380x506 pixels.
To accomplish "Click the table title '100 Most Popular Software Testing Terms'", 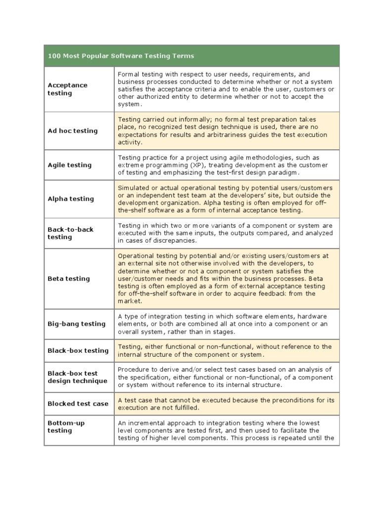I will click(121, 56).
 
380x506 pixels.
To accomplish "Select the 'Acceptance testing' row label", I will click(67, 89).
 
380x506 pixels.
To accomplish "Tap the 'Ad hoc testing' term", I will click(73, 131).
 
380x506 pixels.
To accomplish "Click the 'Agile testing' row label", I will click(70, 165).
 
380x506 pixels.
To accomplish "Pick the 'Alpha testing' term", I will click(71, 199).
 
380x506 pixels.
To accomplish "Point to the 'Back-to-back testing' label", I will click(70, 233).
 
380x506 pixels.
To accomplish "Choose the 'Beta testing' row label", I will click(69, 279).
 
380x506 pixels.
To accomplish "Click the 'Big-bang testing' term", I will click(77, 324).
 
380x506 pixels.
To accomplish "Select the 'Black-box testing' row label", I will click(78, 351).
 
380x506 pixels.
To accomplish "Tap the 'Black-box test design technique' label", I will click(77, 377).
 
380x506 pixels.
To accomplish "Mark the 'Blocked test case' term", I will click(78, 404).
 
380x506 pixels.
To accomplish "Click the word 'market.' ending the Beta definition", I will click(130, 301).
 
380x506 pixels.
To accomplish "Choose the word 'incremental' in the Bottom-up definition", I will click(148, 423).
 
